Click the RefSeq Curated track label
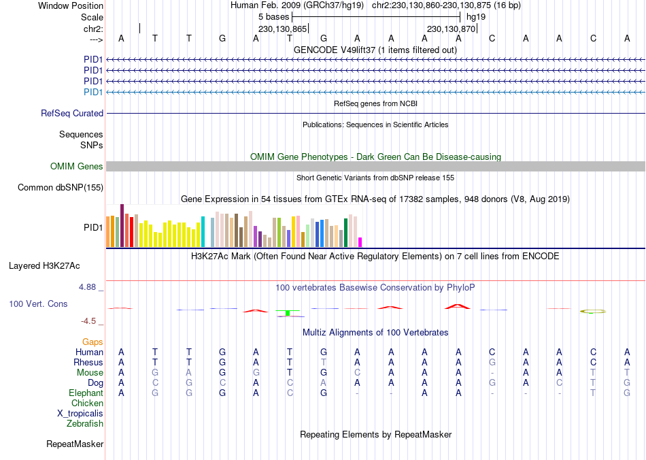72,114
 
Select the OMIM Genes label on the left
77,167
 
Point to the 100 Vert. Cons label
38,303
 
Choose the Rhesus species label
88,363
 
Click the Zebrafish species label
85,424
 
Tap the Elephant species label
86,393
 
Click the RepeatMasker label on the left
75,444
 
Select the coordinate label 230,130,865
282,29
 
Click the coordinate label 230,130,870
451,29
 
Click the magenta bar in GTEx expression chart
360,242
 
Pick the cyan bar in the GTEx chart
203,231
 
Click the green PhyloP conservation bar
288,312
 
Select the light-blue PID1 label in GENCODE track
93,92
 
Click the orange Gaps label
92,342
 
